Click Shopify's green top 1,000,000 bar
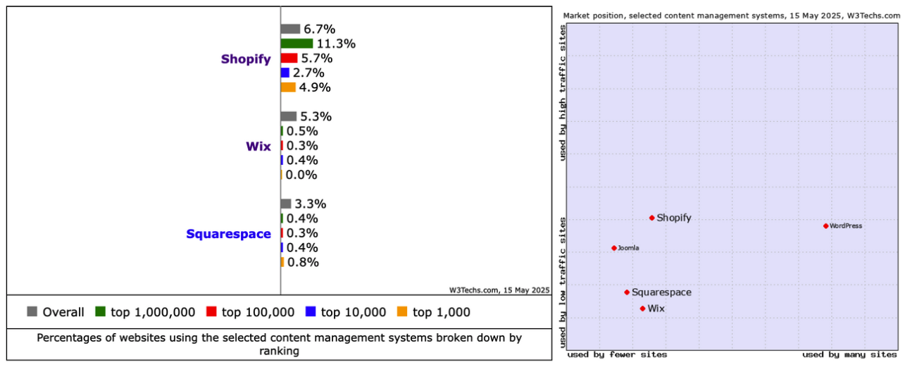[297, 44]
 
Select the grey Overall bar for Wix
[288, 116]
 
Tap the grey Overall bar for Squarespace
[285, 204]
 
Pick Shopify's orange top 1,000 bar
[287, 87]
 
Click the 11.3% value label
[336, 44]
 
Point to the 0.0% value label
[301, 175]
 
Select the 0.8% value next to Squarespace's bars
[303, 262]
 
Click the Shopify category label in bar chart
[246, 59]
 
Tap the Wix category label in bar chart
[258, 147]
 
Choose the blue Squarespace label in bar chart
[228, 234]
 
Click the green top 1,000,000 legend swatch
[100, 311]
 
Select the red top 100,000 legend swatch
[211, 311]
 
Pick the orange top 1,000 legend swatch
[402, 311]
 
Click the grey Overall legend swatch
[32, 311]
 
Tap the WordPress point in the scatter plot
[825, 226]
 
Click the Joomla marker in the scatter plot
[614, 248]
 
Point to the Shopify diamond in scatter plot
[651, 218]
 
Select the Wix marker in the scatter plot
[642, 309]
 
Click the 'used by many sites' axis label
[849, 354]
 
